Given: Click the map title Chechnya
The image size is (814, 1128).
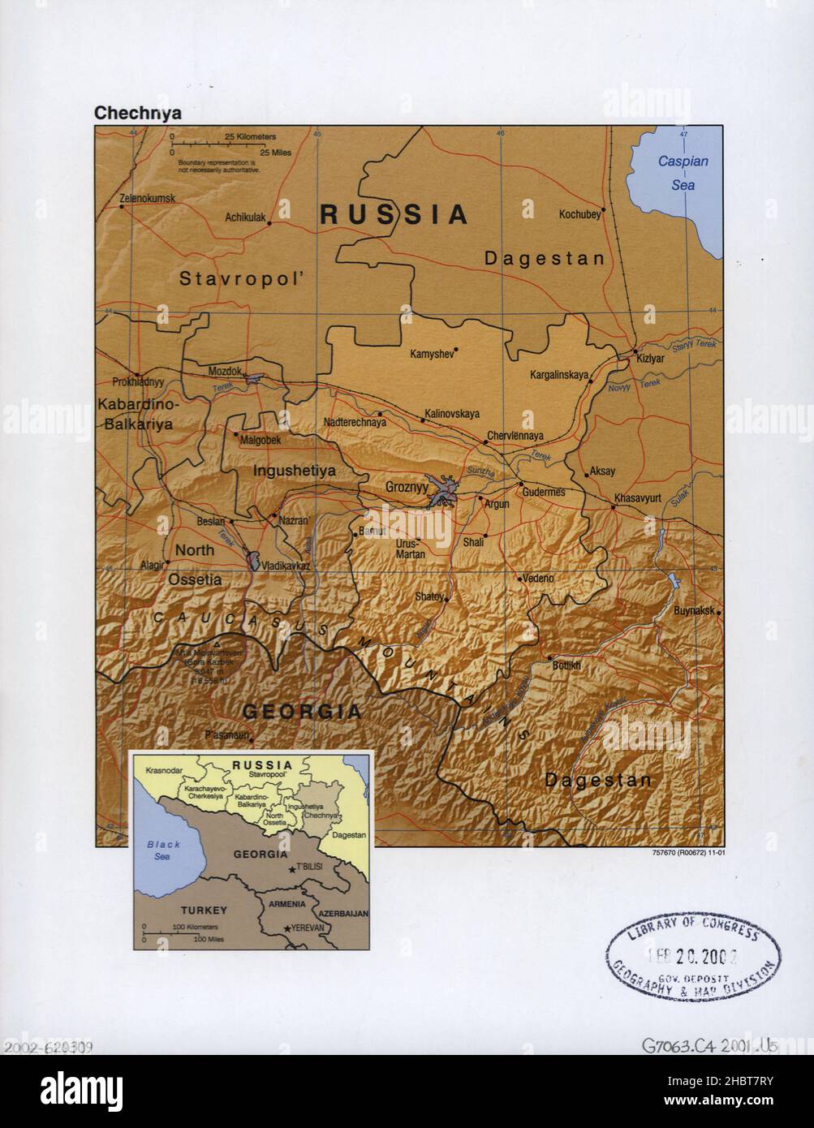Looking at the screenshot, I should point(138,114).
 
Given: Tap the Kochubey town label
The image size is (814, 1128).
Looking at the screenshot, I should point(579,214).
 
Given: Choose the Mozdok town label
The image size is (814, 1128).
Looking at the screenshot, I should point(225,371).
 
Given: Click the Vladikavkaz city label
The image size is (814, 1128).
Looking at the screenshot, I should point(281,566).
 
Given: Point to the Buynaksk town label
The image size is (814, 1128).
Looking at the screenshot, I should point(692,611).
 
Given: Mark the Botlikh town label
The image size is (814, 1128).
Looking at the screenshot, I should point(566,665).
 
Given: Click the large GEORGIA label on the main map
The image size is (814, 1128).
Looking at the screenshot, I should point(302,712).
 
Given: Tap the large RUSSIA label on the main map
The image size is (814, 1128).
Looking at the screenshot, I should point(394,214).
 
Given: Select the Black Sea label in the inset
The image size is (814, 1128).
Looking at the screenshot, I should point(163,850).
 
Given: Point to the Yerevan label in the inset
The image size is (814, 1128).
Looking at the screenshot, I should point(308,928).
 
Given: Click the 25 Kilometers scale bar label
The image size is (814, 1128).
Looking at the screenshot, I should point(250,136).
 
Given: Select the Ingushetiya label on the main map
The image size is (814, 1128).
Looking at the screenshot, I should point(294,470).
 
